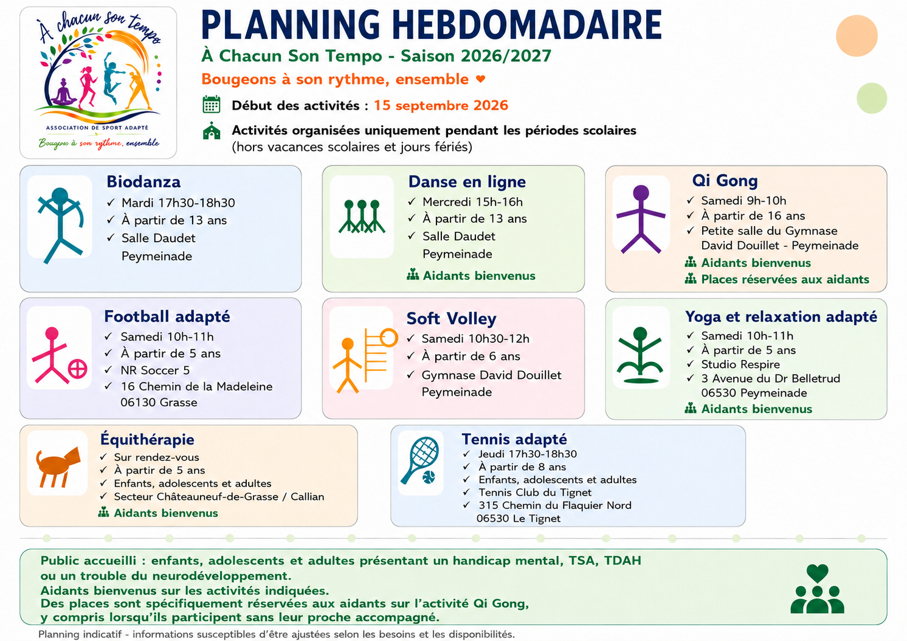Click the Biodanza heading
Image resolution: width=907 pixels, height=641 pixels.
click(x=143, y=182)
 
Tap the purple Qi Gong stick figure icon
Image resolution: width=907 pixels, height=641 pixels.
click(x=641, y=219)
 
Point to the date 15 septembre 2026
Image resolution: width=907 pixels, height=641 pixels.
click(x=441, y=105)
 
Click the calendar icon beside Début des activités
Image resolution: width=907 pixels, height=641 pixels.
click(x=211, y=105)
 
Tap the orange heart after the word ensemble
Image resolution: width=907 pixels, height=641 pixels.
click(x=480, y=79)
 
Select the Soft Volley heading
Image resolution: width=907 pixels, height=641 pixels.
click(x=451, y=319)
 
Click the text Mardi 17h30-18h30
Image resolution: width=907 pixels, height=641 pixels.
click(x=178, y=203)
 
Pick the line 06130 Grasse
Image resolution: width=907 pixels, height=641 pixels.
click(x=159, y=403)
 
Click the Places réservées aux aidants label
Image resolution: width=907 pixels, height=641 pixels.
click(x=785, y=279)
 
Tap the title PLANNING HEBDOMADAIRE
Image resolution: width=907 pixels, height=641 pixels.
click(x=432, y=25)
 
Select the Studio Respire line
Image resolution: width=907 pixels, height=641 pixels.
click(x=740, y=364)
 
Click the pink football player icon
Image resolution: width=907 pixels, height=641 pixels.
click(x=59, y=355)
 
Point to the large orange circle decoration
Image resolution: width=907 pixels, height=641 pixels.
click(x=857, y=36)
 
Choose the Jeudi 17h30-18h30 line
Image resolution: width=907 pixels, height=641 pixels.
click(x=528, y=454)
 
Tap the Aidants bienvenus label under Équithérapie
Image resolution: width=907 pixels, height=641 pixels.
click(x=165, y=513)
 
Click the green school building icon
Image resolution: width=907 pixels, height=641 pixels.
click(x=212, y=131)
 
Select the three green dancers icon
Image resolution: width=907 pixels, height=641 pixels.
click(x=362, y=217)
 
